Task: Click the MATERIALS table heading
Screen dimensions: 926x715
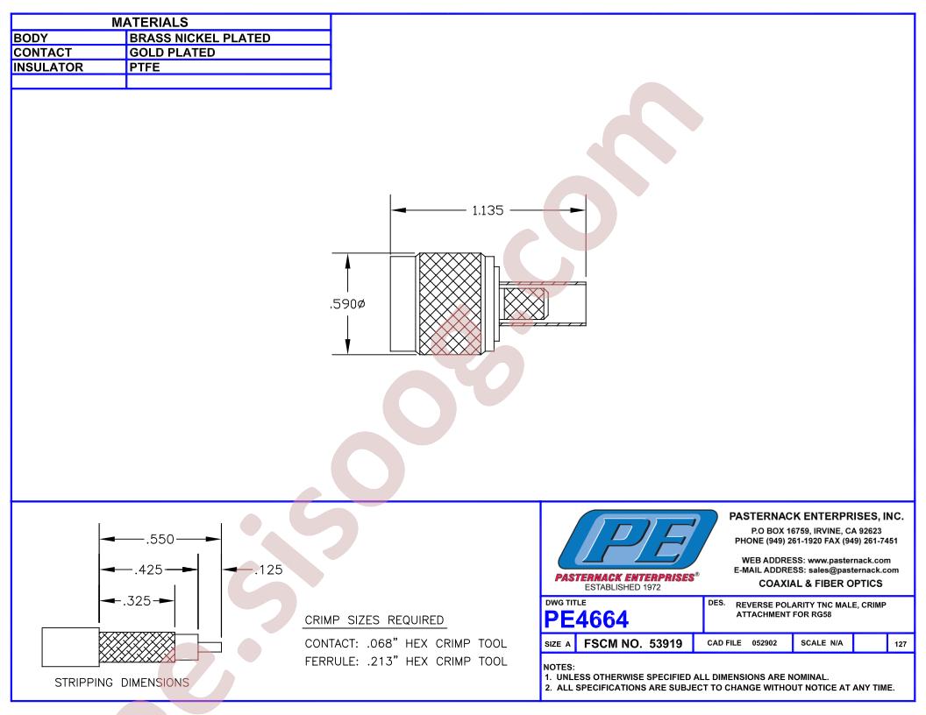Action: click(x=149, y=23)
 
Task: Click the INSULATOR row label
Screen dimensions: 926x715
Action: click(x=48, y=67)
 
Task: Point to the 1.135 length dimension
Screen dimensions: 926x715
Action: click(x=488, y=210)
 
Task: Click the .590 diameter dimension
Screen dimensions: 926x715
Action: click(x=348, y=304)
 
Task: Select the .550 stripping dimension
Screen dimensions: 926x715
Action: click(x=160, y=539)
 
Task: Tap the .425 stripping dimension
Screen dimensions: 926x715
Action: click(x=148, y=570)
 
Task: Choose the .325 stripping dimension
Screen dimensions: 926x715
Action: click(x=137, y=600)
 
